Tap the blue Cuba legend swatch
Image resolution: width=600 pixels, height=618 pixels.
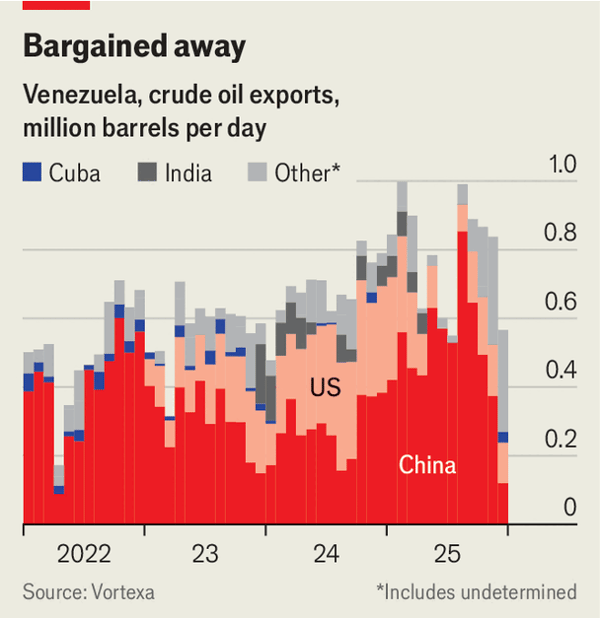(32, 173)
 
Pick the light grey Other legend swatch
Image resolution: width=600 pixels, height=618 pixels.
(257, 173)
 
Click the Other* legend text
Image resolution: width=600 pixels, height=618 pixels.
(308, 173)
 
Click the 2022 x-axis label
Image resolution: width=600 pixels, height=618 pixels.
(84, 553)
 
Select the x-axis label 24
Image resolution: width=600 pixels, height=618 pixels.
(325, 553)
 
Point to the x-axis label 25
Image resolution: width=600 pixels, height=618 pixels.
(446, 553)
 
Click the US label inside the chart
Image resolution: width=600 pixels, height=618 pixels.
(325, 386)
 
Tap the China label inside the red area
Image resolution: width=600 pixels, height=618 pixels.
(427, 465)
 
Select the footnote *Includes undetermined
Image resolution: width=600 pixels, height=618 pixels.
(476, 592)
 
